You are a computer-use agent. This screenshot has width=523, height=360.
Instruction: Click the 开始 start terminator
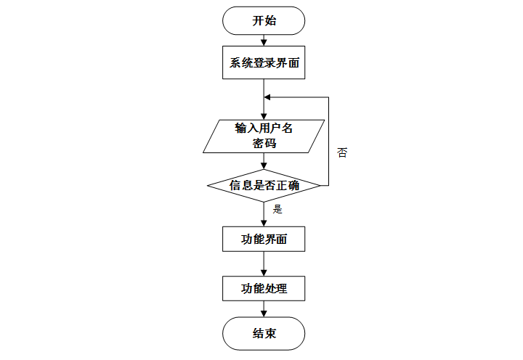(x=264, y=20)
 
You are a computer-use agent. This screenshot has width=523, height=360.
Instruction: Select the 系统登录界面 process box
(x=264, y=62)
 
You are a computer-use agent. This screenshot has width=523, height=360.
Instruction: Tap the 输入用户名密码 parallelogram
(x=264, y=136)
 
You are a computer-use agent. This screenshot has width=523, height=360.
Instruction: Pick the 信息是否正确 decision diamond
(x=264, y=185)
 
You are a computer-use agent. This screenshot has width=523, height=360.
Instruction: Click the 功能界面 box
(x=264, y=239)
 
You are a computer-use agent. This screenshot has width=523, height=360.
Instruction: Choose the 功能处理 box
(x=264, y=288)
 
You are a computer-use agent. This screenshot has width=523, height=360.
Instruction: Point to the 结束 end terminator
(x=264, y=334)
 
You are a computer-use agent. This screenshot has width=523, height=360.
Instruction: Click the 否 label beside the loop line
(x=342, y=153)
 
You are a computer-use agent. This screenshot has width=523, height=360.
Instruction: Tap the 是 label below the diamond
(x=277, y=209)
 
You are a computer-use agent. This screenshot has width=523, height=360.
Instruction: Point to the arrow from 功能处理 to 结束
(x=264, y=309)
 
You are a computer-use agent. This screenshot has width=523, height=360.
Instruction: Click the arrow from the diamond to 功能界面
(x=264, y=213)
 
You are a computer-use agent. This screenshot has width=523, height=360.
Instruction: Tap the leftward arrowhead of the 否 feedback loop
(x=268, y=97)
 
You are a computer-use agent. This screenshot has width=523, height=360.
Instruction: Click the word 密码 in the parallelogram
(x=264, y=144)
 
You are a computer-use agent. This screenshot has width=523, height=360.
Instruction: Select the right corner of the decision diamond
(x=320, y=185)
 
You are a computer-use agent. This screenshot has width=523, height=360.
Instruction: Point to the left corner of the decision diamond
(x=208, y=185)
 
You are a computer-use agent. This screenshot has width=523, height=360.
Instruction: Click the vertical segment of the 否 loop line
(x=329, y=142)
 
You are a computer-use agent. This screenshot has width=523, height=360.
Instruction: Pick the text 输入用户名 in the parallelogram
(x=264, y=128)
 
